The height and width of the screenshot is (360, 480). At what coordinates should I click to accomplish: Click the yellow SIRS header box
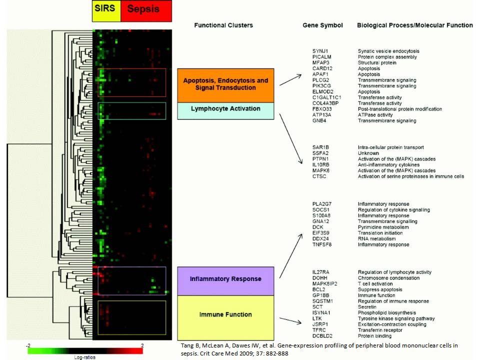click(x=106, y=10)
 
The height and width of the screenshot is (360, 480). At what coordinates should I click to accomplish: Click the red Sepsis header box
click(x=146, y=10)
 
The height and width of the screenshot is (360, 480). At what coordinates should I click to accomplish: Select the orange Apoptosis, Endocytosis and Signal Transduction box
click(x=225, y=85)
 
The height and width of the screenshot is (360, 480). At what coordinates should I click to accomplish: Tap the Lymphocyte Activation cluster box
click(x=225, y=111)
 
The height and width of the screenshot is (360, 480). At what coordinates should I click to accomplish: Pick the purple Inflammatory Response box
click(x=225, y=281)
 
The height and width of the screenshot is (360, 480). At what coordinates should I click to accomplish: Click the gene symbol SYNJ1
click(x=320, y=51)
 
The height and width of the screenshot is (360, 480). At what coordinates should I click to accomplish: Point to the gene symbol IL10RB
click(x=321, y=164)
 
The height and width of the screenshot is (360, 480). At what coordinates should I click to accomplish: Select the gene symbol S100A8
click(x=321, y=215)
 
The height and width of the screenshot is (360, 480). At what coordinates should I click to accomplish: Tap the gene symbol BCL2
click(x=318, y=289)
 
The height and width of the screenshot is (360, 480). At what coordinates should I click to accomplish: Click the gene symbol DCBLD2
click(x=322, y=336)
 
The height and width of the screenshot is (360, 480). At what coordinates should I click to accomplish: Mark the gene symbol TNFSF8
click(x=322, y=244)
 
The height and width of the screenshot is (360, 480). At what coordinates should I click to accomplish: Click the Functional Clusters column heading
click(x=223, y=25)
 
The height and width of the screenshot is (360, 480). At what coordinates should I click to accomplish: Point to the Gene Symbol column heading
click(x=322, y=25)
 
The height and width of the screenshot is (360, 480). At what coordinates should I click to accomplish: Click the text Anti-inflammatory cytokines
click(x=389, y=164)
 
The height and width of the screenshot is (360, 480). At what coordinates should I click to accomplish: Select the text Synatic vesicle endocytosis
click(x=388, y=51)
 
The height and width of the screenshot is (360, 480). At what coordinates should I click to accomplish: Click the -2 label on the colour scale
click(x=28, y=345)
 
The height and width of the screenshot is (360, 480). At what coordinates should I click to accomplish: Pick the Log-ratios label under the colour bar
click(x=85, y=357)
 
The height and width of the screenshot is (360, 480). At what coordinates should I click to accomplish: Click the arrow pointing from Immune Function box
click(x=290, y=320)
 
